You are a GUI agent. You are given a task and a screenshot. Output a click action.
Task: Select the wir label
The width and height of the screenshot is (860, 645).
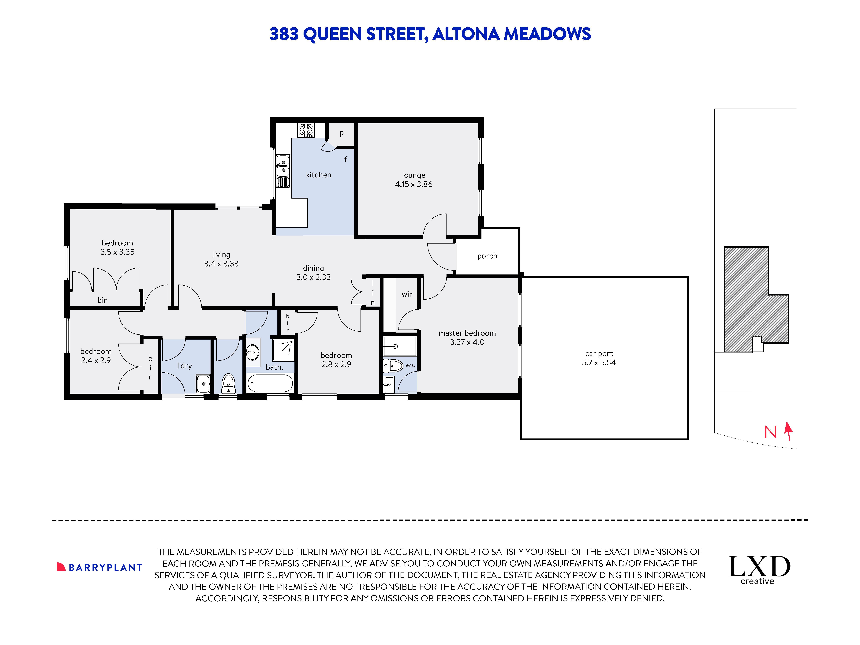pos(407,294)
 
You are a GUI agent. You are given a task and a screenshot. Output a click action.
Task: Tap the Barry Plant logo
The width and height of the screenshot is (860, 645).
pos(99,567)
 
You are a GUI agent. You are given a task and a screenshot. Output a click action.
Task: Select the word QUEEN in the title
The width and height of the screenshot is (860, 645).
pos(332,34)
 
